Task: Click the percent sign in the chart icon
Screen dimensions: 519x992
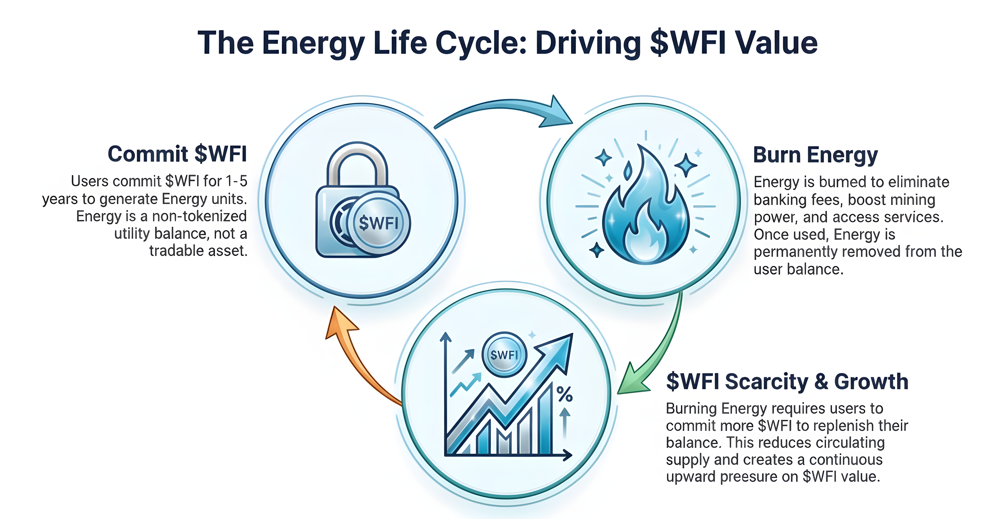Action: tap(565, 394)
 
